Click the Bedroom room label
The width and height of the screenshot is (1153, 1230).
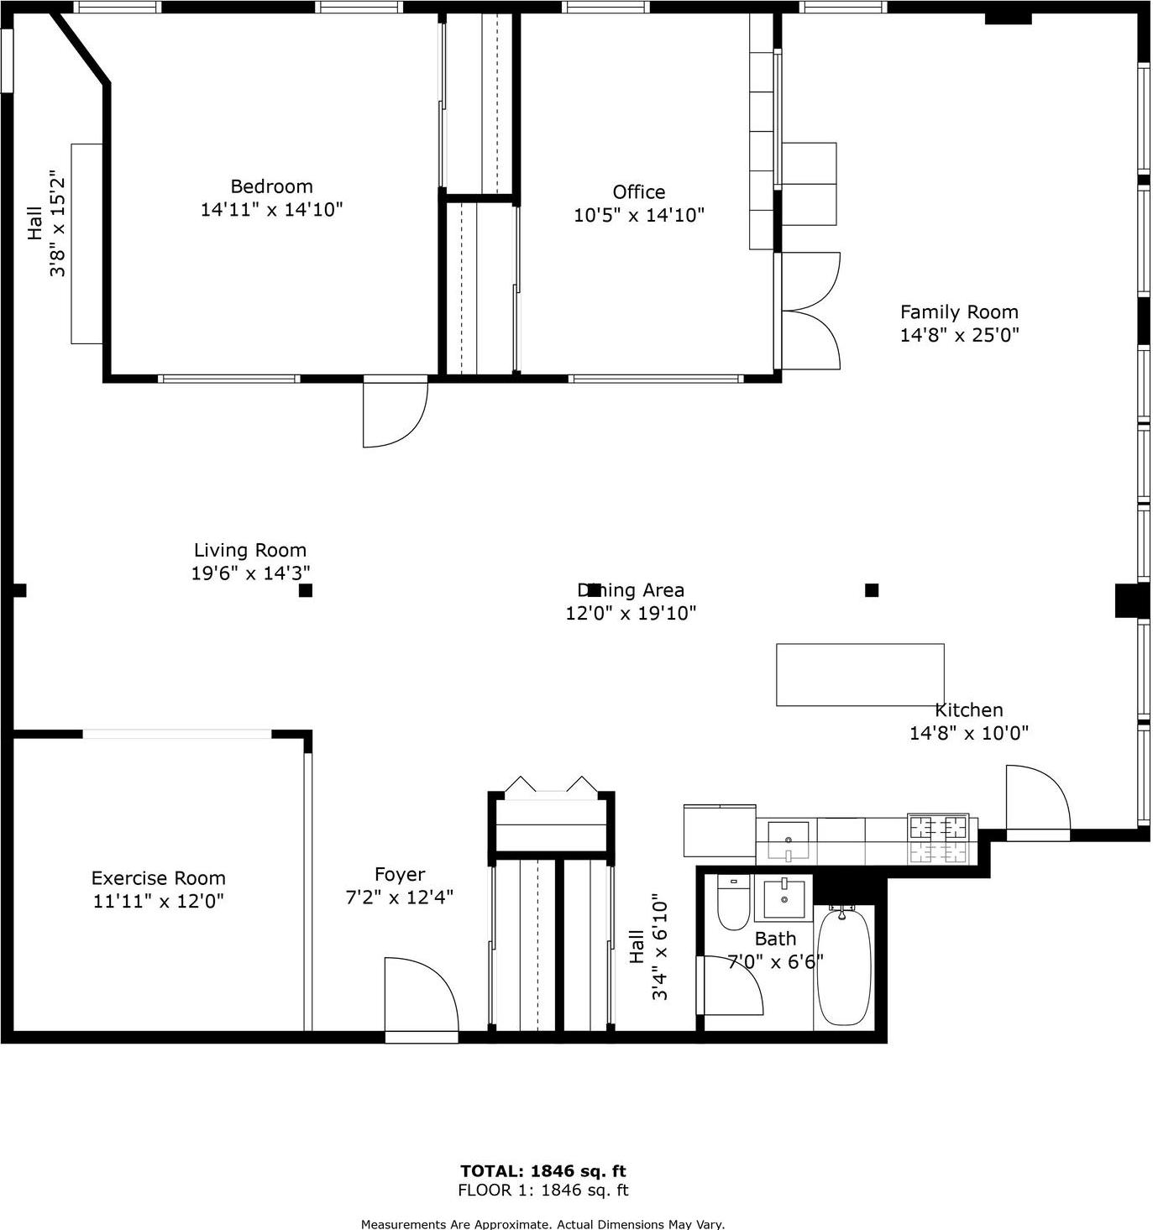pos(271,186)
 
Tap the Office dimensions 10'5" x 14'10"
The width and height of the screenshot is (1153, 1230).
pos(638,216)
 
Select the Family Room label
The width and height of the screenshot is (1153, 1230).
pos(959,312)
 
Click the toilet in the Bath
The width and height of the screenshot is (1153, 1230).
pos(732,903)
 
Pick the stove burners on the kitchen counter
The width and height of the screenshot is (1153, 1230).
pos(938,839)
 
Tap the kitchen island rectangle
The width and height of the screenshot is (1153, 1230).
pos(860,675)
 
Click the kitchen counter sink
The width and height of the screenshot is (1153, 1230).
pos(788,839)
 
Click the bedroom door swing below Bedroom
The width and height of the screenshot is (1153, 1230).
pos(393,412)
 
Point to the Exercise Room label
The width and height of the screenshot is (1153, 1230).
pos(158,878)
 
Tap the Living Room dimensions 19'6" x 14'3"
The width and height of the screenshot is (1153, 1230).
pos(250,573)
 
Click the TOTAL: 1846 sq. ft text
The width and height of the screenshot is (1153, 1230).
pos(542,1171)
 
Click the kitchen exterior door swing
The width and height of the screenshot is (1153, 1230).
pos(1037,798)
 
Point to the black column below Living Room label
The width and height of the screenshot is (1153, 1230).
pos(306,590)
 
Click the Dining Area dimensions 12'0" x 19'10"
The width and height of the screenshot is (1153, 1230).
pos(631,614)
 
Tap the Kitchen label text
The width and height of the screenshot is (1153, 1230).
pos(968,710)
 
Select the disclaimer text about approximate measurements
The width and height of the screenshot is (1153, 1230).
pos(542,1224)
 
